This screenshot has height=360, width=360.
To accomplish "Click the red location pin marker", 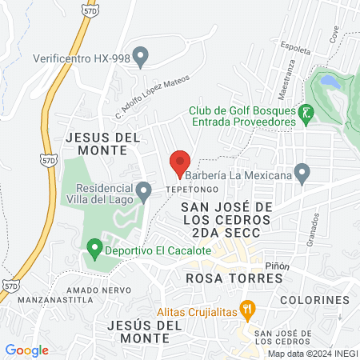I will pyautogui.click(x=180, y=162).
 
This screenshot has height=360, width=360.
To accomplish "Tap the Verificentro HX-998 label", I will pyautogui.click(x=79, y=58).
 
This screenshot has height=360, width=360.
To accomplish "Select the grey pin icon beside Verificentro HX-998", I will pyautogui.click(x=142, y=57).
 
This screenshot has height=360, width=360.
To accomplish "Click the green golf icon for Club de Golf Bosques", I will pyautogui.click(x=305, y=115).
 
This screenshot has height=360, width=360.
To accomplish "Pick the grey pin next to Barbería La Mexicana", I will pyautogui.click(x=302, y=172).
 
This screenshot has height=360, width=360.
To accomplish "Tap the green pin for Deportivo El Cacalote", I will pyautogui.click(x=94, y=250).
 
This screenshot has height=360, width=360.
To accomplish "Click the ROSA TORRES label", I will pyautogui.click(x=234, y=278).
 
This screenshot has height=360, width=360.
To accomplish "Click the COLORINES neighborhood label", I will pyautogui.click(x=315, y=300).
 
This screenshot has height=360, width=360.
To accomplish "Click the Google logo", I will pyautogui.click(x=27, y=350).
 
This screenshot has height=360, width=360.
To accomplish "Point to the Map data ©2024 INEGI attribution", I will pyautogui.click(x=311, y=354).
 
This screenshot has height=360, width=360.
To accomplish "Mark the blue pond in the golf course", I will pyautogui.click(x=328, y=82).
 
